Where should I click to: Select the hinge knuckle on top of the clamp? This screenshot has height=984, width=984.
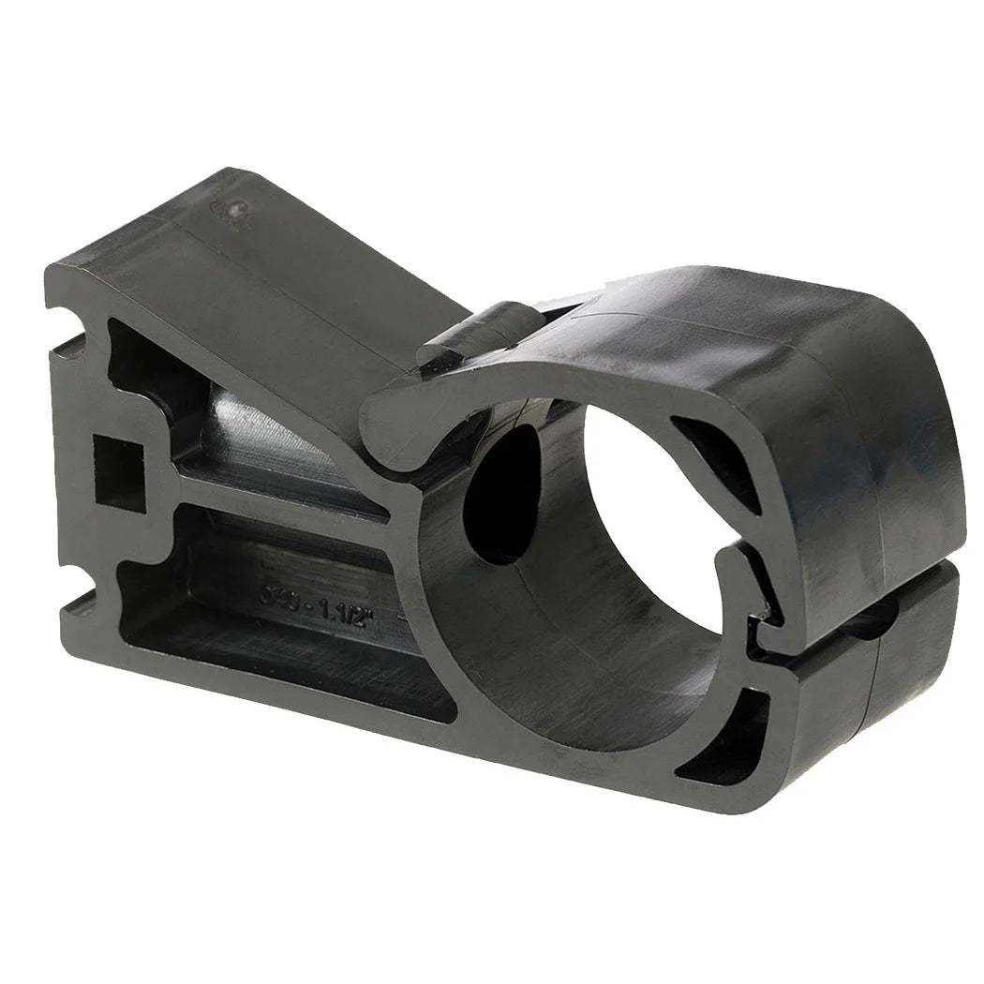(478, 333)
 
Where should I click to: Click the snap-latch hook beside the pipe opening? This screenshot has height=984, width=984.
(750, 590)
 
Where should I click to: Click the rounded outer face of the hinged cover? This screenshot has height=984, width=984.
(872, 422)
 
